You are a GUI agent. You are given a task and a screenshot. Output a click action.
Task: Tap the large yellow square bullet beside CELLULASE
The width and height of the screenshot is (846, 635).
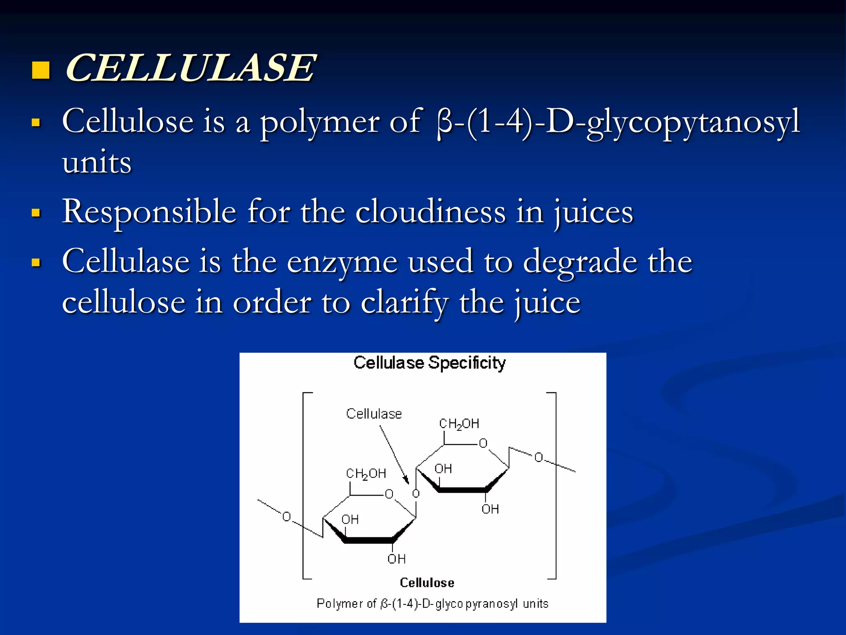[41, 70]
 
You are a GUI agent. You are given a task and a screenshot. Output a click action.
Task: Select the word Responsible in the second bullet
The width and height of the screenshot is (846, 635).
[149, 212]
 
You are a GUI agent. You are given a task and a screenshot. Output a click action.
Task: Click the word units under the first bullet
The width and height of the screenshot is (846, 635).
[97, 162]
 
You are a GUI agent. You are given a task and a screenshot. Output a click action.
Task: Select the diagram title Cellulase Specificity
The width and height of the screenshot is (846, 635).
[430, 363]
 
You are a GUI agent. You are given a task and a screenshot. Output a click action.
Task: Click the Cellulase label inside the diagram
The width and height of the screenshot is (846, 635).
[374, 414]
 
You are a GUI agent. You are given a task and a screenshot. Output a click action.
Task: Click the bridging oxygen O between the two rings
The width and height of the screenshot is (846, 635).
[416, 494]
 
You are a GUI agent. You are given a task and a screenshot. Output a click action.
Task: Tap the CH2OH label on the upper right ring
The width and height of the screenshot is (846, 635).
[459, 424]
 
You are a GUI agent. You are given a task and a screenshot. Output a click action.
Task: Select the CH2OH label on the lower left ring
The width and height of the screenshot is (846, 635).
[366, 474]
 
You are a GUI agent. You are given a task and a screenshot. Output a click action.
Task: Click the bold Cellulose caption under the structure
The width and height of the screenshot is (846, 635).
[427, 583]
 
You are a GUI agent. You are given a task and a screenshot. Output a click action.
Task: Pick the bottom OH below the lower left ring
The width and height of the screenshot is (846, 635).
[397, 559]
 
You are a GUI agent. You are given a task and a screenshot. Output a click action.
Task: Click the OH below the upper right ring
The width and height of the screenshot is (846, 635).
[490, 509]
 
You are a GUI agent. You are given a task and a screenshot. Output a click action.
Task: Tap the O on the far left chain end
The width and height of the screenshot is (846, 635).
[286, 517]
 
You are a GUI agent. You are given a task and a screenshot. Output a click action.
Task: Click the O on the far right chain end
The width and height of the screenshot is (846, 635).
[539, 457]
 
